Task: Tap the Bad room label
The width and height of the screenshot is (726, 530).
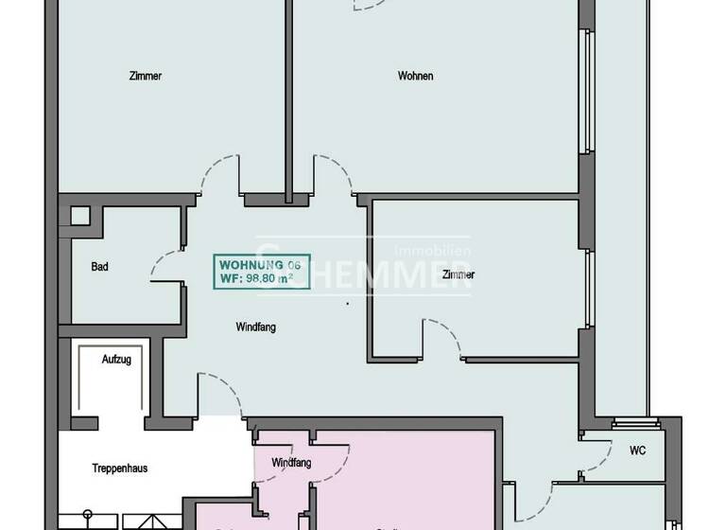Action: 99,267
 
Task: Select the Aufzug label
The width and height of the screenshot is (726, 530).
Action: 116,360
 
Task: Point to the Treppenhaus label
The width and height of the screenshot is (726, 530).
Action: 117,468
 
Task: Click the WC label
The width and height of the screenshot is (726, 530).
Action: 638,450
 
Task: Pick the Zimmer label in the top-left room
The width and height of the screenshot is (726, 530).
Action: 145,77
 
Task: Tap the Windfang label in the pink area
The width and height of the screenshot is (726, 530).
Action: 291,463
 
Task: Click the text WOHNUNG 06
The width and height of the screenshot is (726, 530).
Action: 251,264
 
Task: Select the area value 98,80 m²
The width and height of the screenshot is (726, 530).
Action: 262,278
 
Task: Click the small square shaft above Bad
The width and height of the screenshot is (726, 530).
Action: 78,215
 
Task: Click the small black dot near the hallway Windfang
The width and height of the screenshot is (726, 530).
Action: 347,304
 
